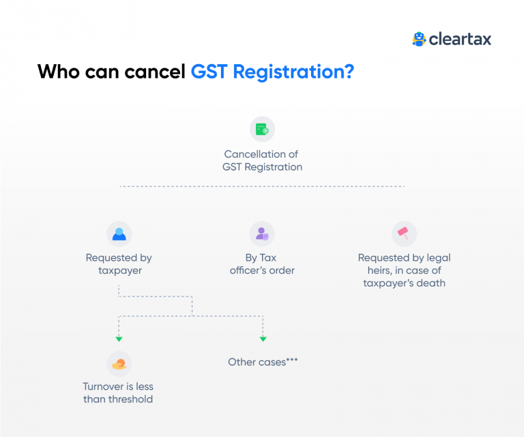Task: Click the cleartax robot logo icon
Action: coord(419,39)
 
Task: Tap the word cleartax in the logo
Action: coord(460,40)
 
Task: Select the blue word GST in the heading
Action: coord(209,71)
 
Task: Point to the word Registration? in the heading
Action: coord(293,72)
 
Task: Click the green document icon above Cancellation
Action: coord(262,129)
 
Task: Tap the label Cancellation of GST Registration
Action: coord(262,160)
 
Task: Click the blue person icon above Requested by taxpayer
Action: coord(119,234)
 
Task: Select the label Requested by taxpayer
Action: coord(119,264)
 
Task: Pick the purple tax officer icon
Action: coord(262,234)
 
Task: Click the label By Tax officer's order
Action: coord(262,264)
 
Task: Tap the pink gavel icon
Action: coord(404,234)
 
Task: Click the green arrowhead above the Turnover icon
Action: coord(119,339)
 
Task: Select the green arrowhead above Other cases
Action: coord(263,339)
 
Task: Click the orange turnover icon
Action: coord(119,364)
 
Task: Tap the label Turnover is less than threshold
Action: coord(118,393)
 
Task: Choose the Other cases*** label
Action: coord(263,362)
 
